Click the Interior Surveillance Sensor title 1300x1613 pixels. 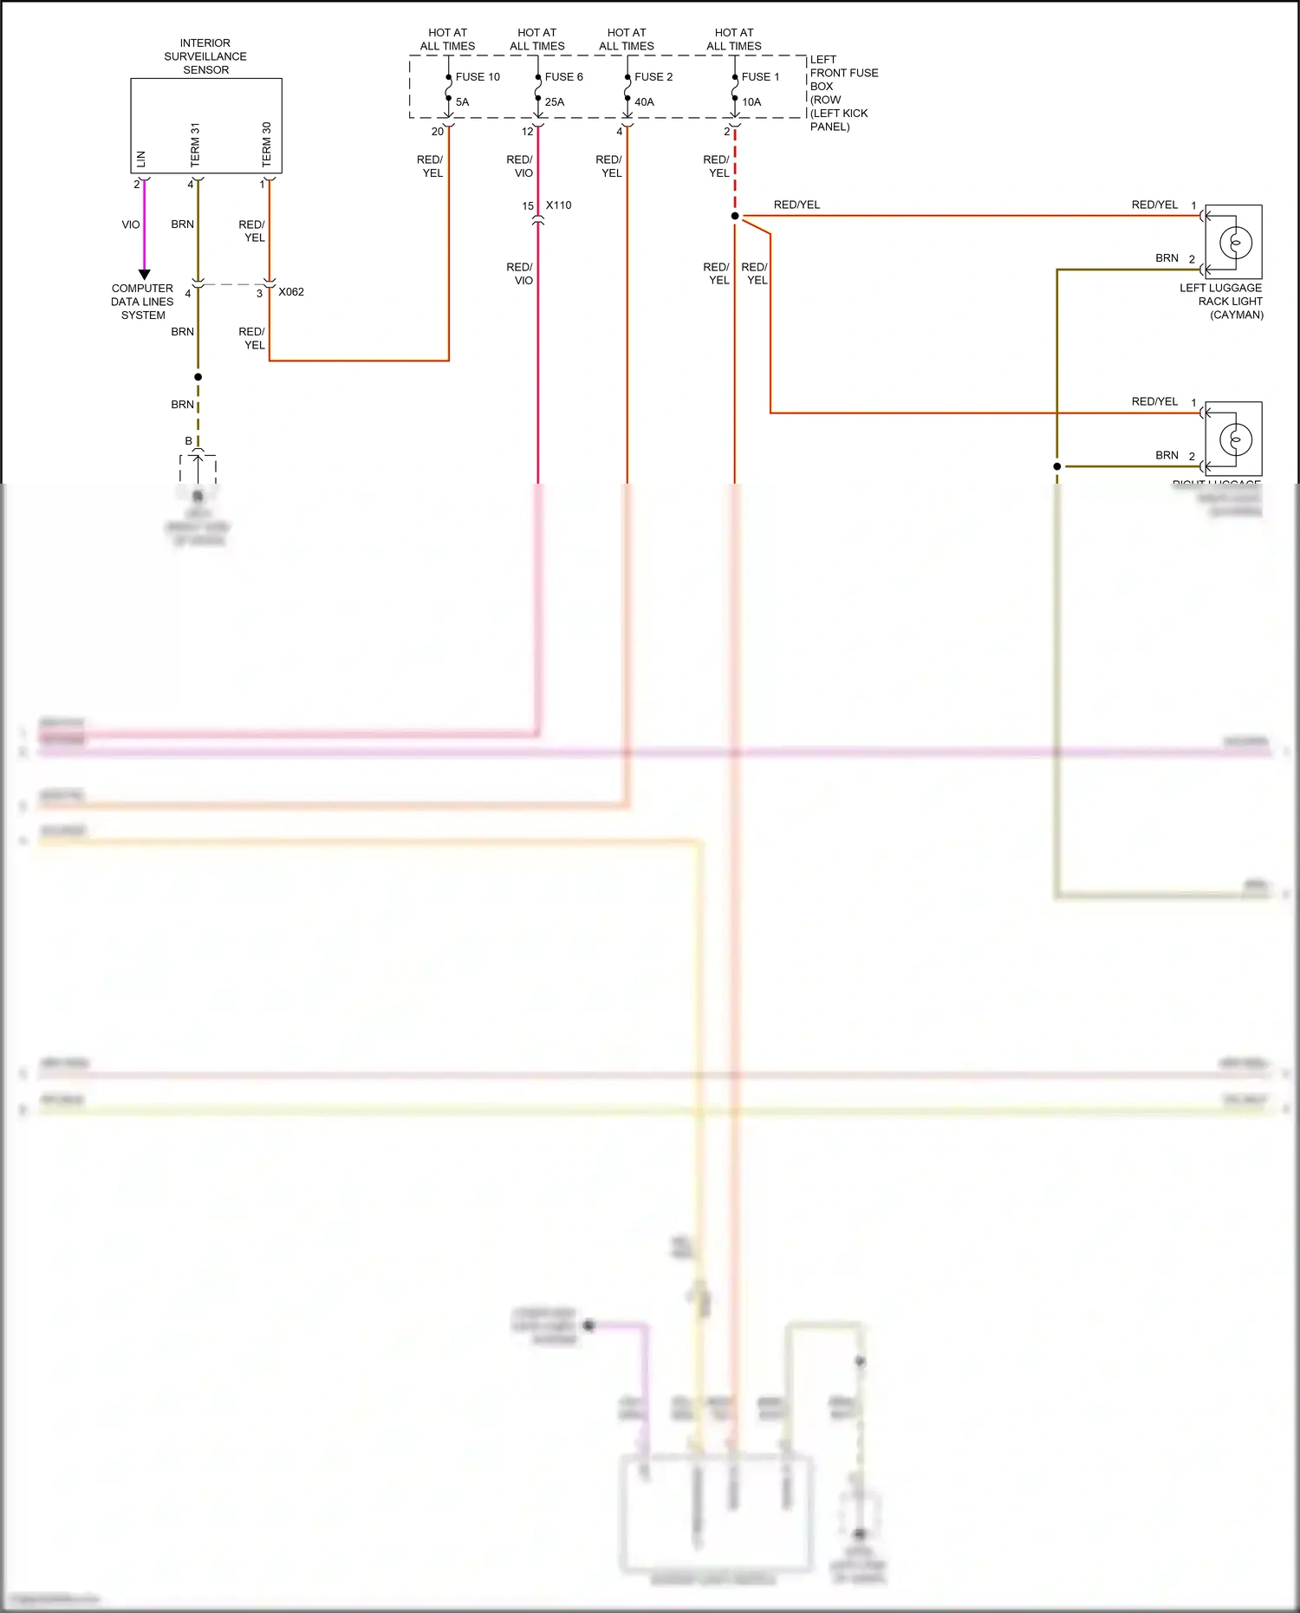click(205, 56)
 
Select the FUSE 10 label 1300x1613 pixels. click(478, 77)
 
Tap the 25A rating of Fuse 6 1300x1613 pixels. click(555, 102)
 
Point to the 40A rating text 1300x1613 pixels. click(644, 102)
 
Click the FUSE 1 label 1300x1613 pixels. click(760, 77)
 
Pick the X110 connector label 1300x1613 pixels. click(559, 205)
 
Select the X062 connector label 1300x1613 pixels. click(291, 292)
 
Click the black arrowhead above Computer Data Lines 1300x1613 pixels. click(145, 274)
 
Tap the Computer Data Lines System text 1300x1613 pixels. click(142, 302)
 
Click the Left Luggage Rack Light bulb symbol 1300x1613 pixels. click(1236, 242)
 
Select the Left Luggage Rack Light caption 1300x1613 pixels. click(1222, 301)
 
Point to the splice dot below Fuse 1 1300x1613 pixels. click(735, 216)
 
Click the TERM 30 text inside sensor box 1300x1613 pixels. click(267, 144)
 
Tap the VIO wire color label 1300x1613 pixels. click(131, 224)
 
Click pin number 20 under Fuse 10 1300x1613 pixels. click(438, 132)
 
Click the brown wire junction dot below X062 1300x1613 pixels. click(198, 377)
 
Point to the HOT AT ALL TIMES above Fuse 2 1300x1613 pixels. click(627, 39)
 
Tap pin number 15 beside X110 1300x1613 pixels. click(528, 206)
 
